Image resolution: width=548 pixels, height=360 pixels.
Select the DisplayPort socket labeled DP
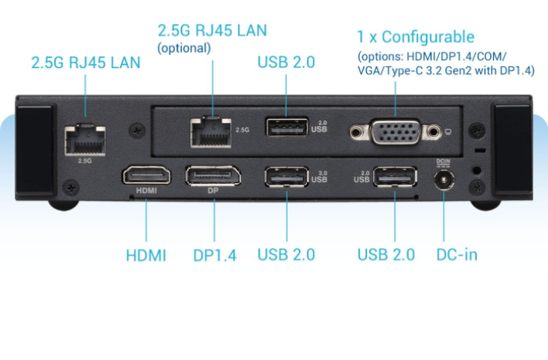[213, 175]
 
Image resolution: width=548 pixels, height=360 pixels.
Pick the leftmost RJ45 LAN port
[84, 139]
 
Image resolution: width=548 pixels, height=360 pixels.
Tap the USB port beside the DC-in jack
[394, 177]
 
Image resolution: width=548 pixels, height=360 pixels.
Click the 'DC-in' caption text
[456, 254]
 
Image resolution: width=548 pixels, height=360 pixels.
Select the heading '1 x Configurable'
[416, 37]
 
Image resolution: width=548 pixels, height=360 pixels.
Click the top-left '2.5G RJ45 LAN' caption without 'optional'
[86, 63]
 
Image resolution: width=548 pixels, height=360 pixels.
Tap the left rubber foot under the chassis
[66, 205]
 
